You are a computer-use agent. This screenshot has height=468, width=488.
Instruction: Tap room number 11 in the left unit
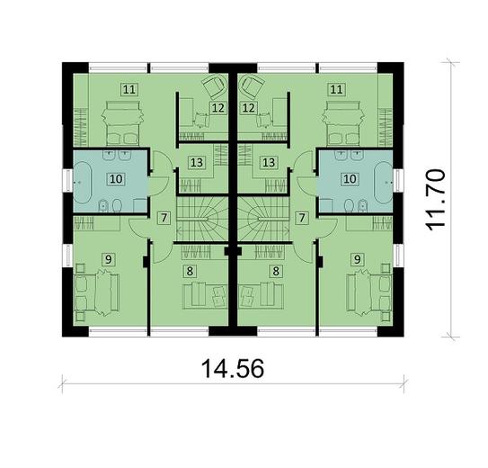(130, 89)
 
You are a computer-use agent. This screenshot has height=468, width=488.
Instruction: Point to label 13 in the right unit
(269, 163)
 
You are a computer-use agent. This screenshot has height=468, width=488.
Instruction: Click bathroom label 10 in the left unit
(116, 178)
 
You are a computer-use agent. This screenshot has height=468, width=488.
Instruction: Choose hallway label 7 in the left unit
(164, 218)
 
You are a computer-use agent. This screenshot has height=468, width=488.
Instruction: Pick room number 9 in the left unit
(109, 260)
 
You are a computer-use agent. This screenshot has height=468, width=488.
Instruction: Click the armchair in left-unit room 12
(212, 87)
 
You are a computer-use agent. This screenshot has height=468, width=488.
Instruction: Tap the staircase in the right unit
(263, 219)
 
